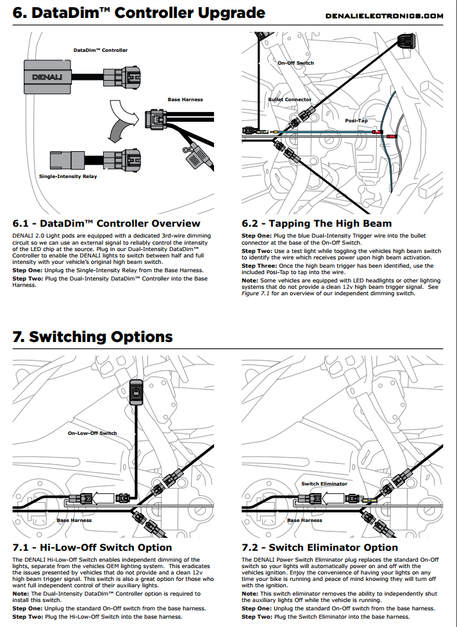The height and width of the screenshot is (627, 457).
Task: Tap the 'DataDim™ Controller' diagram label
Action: [x=101, y=50]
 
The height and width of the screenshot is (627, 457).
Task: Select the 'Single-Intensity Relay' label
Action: [x=68, y=176]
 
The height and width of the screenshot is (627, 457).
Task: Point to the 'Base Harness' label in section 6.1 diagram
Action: [x=185, y=99]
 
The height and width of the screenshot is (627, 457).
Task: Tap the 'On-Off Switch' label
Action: [x=295, y=63]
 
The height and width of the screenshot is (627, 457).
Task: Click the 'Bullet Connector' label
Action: [x=290, y=99]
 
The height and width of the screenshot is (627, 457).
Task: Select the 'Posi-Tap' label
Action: [x=356, y=120]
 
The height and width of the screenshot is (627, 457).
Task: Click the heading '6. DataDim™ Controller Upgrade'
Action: [x=138, y=13]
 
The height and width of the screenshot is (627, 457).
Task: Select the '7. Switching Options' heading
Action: [x=92, y=337]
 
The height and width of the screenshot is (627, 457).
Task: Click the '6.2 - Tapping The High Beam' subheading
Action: [x=317, y=224]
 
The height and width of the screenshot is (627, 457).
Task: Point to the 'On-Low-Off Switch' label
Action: [x=92, y=433]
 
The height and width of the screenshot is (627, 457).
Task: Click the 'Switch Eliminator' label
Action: [x=324, y=484]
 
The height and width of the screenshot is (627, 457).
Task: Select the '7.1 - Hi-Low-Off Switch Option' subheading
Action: [x=92, y=548]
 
